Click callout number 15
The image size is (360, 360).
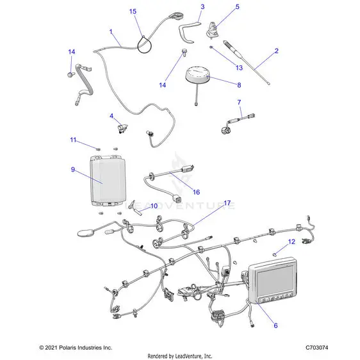click(133, 12)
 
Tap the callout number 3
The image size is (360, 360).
click(202, 7)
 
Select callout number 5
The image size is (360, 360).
click(238, 6)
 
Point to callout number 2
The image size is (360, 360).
click(277, 51)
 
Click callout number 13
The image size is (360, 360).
click(239, 68)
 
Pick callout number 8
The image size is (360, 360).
click(239, 85)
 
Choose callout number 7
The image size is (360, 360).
click(239, 102)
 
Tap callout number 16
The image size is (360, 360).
click(196, 192)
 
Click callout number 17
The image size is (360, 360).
click(227, 203)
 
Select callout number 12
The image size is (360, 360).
click(291, 241)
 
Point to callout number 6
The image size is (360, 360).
click(275, 325)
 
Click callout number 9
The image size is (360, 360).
click(73, 170)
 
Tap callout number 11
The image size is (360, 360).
click(73, 140)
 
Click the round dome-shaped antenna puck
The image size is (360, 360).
click(197, 74)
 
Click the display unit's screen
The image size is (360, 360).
click(275, 281)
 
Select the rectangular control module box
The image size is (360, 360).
click(108, 180)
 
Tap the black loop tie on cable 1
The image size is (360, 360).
click(144, 45)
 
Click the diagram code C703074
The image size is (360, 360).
click(316, 348)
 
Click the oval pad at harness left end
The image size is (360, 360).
click(86, 233)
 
